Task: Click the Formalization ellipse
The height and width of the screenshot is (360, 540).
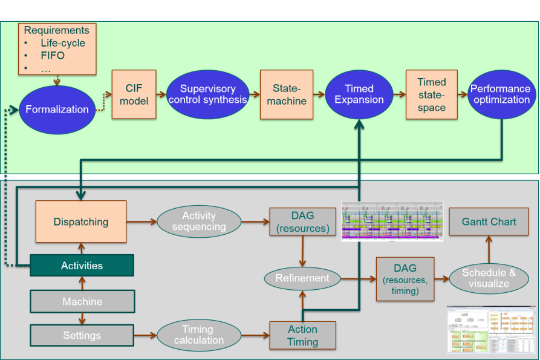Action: pos(57,110)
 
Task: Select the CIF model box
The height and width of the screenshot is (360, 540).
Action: pos(134,94)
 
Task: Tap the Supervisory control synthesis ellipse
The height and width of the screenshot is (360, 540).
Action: pos(207,94)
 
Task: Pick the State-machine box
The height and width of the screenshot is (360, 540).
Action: pos(287,94)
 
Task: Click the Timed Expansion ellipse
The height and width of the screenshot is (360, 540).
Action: pos(359,94)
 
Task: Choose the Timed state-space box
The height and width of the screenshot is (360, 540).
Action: pos(432,94)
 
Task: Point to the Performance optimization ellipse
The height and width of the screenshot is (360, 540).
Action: pos(501,94)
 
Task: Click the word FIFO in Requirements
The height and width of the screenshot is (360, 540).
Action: pos(53,56)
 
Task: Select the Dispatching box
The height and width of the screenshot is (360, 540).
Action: pos(81,222)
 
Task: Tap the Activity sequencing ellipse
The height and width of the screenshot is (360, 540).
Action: pos(199,221)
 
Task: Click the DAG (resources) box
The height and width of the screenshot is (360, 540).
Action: pos(302,221)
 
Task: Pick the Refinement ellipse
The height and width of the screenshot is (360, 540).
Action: pos(302,278)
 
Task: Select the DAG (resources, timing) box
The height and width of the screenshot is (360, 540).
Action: pos(405,278)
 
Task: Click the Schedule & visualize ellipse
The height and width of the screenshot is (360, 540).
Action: pos(489,278)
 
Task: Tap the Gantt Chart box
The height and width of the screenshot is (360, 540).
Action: pos(489,221)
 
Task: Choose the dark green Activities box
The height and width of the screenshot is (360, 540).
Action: pos(82,266)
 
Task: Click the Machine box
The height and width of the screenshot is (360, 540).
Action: pos(82,301)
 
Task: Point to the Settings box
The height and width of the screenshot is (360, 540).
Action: pos(82,335)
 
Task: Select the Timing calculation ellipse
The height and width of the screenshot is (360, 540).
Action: pos(198,335)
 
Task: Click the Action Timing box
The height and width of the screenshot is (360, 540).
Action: pos(302,335)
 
